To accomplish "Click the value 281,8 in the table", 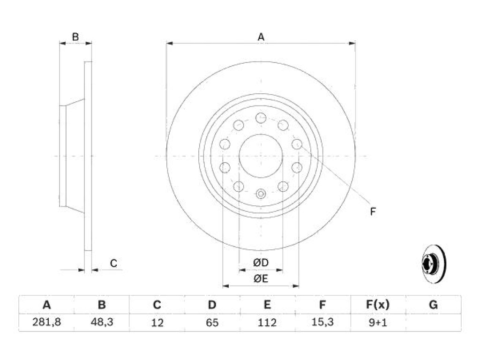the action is coord(46,322).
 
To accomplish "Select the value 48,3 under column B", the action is coord(102,322).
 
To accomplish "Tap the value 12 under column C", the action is coord(157,322).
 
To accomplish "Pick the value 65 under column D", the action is coord(212,322).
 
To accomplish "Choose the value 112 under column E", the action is coord(267,322).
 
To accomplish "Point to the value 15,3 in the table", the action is coord(322,322).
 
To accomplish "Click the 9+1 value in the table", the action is coord(378,322).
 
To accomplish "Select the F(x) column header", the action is coord(378,305).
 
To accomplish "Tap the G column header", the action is coord(433,305).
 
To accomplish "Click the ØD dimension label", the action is coord(261,262).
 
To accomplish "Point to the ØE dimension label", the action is coord(261,278).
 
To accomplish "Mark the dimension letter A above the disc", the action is coord(261,37).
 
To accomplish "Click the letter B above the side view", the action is coord(75,37).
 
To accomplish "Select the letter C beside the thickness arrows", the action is coord(113,263).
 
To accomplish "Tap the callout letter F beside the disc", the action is coord(373,211).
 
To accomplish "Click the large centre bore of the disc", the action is coord(261,156).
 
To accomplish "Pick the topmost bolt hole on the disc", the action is coord(261,118).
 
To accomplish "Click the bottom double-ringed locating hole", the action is coord(261,194).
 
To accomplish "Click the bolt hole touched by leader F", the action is coord(297,144).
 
